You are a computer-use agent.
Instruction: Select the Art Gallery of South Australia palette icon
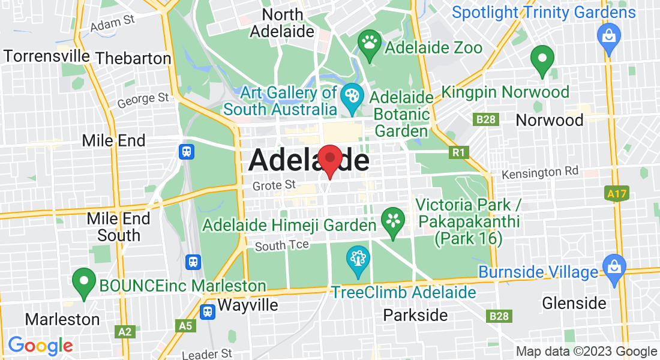click(x=350, y=97)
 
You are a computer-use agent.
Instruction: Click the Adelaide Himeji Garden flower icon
click(x=393, y=220)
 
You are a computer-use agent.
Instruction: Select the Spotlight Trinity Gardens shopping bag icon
click(x=608, y=35)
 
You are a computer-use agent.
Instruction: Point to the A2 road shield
click(x=125, y=331)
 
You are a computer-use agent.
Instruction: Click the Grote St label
click(x=274, y=186)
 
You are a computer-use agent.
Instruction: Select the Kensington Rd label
click(x=540, y=173)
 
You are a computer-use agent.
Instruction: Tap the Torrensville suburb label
click(x=47, y=56)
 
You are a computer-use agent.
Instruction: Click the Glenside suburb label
click(x=574, y=303)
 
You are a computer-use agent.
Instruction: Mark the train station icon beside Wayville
click(x=208, y=311)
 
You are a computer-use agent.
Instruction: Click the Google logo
click(x=40, y=346)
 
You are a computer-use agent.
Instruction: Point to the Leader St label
click(x=206, y=354)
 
